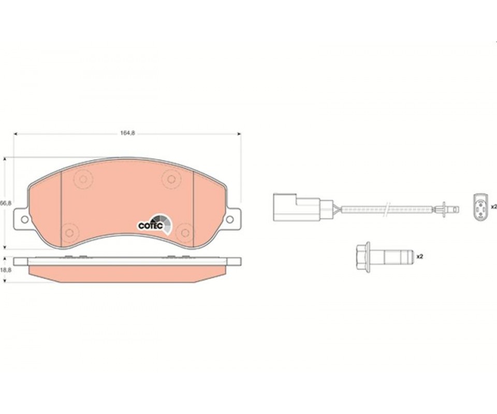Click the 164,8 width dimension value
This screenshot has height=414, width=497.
click(127, 134)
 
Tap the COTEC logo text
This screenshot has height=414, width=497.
click(151, 226)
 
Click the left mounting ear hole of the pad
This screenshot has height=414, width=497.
click(24, 219)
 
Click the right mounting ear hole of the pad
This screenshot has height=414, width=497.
click(230, 219)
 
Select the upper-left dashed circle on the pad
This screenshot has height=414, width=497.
click(83, 179)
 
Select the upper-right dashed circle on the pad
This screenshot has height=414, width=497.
click(171, 179)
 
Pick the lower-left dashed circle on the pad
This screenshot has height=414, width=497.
click(69, 233)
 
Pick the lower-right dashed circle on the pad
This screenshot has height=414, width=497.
click(185, 233)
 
